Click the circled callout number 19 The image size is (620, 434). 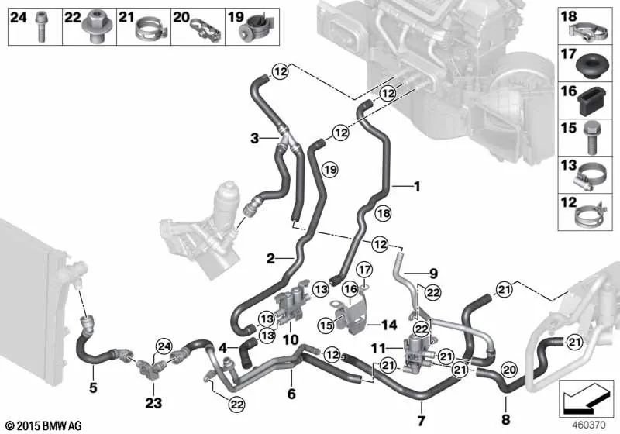tap(331, 170)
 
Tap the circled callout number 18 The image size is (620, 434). tap(383, 213)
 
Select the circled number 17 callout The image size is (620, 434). tap(364, 270)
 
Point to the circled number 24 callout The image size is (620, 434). tap(164, 346)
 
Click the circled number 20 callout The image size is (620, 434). tap(509, 370)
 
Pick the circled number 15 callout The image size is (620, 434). tap(326, 325)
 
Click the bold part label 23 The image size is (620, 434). tap(153, 403)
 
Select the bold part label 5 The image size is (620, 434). tap(93, 387)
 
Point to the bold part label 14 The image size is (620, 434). tap(389, 325)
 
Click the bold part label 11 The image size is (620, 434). tap(378, 348)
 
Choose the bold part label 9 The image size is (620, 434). tap(433, 273)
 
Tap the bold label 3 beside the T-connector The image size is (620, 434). tap(255, 139)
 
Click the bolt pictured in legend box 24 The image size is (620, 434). tap(41, 27)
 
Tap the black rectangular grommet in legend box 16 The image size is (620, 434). tap(590, 102)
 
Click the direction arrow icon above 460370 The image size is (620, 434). tap(587, 398)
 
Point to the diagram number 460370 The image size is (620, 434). tap(589, 425)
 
